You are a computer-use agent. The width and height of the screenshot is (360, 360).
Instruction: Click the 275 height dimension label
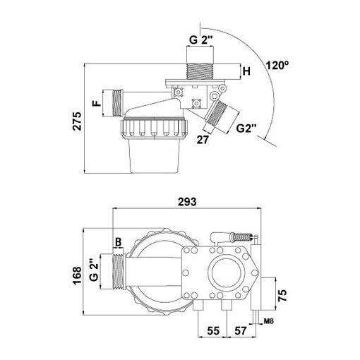point(77,121)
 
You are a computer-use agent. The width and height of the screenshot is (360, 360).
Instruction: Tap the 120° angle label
point(277,66)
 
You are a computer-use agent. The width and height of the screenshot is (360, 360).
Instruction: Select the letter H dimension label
point(246,71)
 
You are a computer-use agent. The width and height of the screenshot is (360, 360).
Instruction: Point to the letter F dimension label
point(97,103)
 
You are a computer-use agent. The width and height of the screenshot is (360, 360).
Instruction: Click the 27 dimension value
point(203,140)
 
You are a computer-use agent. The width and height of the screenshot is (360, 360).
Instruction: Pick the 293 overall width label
point(187,202)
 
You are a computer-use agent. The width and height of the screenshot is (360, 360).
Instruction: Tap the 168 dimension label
point(77,276)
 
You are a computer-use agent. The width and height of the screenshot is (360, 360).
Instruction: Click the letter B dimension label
point(119,242)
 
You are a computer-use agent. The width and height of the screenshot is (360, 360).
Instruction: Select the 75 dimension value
point(282,296)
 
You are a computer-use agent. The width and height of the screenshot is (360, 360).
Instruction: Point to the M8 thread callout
point(269,321)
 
